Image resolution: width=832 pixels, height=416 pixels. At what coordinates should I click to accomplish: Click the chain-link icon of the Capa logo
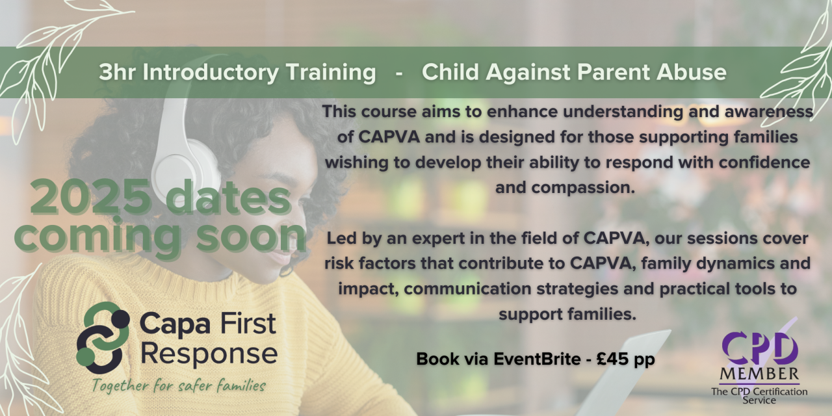pyautogui.click(x=103, y=337)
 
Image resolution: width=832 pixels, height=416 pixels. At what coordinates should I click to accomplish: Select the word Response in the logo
pyautogui.click(x=209, y=355)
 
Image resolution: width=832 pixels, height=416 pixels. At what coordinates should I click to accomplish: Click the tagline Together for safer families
pyautogui.click(x=179, y=386)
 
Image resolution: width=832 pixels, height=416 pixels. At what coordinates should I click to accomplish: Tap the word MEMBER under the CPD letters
pyautogui.click(x=759, y=374)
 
